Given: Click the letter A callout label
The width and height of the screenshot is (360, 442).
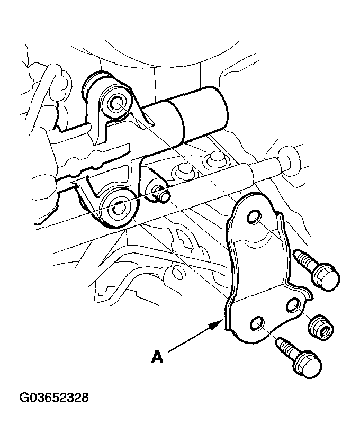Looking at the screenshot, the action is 158,356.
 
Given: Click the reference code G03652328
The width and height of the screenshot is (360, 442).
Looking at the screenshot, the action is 54,398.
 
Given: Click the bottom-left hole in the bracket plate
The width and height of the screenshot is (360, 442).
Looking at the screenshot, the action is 257,323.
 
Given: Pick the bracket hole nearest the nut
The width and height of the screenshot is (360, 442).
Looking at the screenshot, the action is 293,305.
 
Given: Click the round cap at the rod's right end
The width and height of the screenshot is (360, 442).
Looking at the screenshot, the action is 287,160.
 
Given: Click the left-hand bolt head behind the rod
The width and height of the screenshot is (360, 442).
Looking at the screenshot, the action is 181,173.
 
